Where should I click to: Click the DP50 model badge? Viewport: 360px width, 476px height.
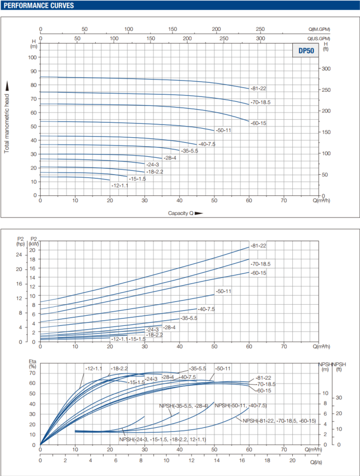point(305,50)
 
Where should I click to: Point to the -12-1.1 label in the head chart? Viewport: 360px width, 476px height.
point(120,185)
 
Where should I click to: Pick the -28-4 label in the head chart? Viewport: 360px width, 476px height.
point(170,158)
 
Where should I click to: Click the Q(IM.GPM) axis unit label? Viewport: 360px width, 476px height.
point(319,29)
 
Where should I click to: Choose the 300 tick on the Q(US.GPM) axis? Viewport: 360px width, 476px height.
point(260,38)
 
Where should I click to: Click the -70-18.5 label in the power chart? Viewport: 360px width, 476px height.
point(261,263)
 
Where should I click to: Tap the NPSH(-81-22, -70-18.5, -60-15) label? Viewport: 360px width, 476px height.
point(279,421)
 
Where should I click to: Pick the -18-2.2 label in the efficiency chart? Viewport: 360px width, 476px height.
point(120,368)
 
